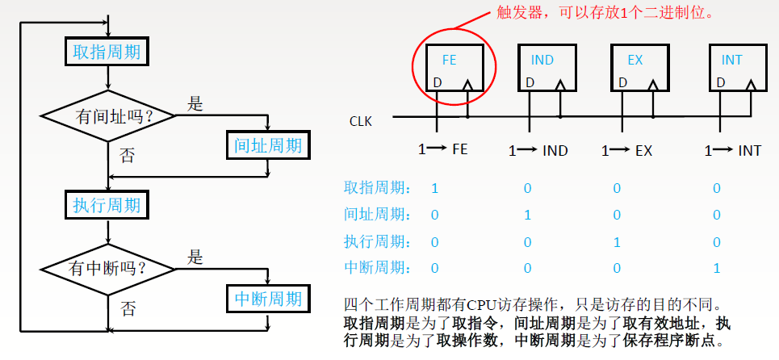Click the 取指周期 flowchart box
coord(107,52)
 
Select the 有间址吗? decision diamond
coord(108,116)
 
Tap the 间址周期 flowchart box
coord(267,145)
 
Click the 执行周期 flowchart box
coord(107,205)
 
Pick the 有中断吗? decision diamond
coord(108,267)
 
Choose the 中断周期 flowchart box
coord(267,299)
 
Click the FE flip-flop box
coord(449,69)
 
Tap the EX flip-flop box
coord(635,69)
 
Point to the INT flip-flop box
coord(731,69)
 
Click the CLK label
coord(361,122)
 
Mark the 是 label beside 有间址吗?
coord(195,104)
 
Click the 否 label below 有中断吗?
coord(128,308)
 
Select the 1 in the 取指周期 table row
coord(435,188)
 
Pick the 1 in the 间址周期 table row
coord(527,215)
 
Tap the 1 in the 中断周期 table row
coord(717,267)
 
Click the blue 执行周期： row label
coord(377,241)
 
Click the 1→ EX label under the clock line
coord(627,150)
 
